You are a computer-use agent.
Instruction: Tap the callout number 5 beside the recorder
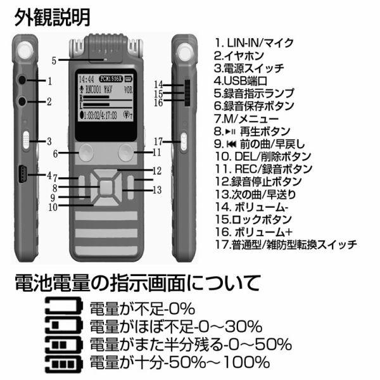(x=54, y=60)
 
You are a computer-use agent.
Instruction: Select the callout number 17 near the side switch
(x=158, y=141)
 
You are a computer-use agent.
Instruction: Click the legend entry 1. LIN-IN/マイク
(x=254, y=43)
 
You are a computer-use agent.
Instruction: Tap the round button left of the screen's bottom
(x=86, y=151)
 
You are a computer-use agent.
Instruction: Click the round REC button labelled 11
(x=125, y=151)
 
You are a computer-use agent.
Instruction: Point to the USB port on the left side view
(x=22, y=174)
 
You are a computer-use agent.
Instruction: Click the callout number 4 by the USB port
(x=49, y=174)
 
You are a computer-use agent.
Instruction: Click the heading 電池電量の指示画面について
(x=136, y=282)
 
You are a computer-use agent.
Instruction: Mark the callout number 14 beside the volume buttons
(x=159, y=84)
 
